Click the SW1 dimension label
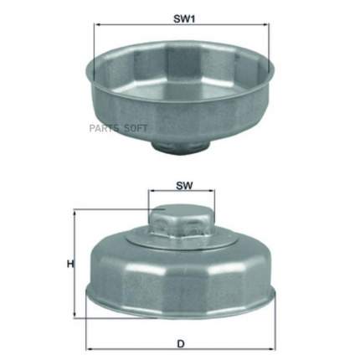coord(184,19)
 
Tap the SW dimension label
coord(184,186)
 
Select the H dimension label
coord(70,264)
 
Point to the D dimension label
coord(181,344)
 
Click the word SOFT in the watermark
coord(136,128)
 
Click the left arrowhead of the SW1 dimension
coord(98,24)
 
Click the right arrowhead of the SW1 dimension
coord(266,24)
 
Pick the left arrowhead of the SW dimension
coord(152,191)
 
